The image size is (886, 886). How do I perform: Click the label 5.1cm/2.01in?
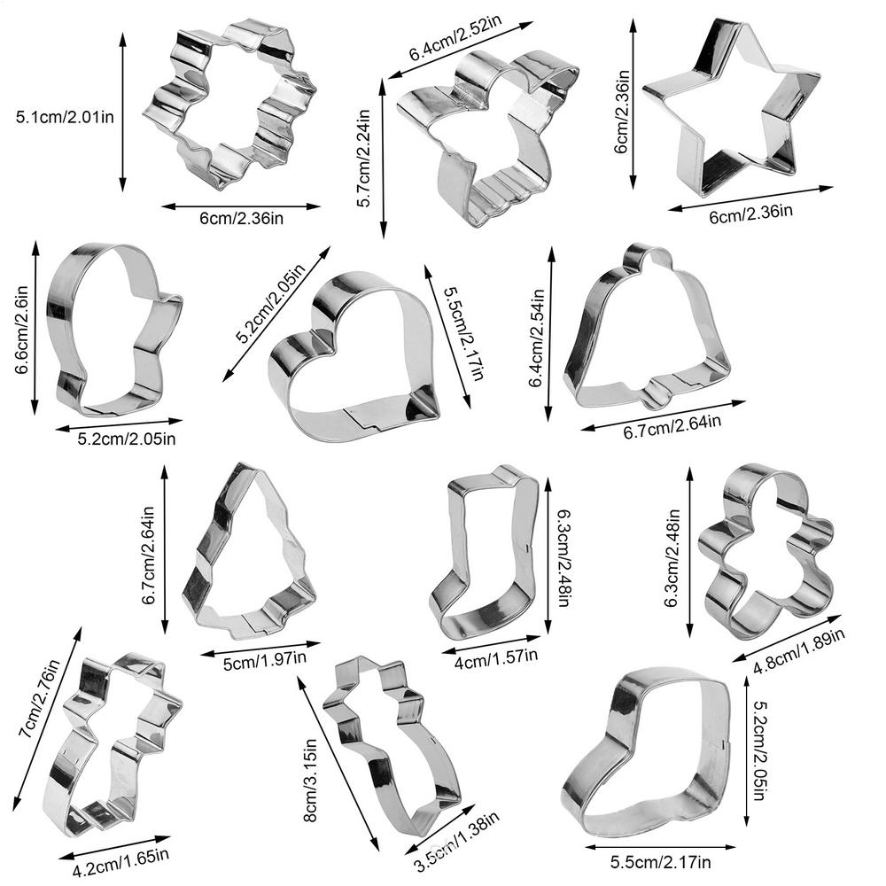65,117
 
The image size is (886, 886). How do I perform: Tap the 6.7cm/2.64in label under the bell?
672,427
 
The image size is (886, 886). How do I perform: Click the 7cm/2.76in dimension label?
39,698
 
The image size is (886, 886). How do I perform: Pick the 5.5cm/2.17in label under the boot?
661,862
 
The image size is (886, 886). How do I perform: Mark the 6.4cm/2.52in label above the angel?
455,38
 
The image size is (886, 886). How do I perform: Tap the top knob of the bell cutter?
649,255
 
